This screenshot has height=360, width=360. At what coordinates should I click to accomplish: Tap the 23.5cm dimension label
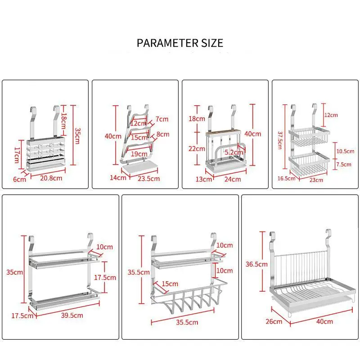[x=149, y=178]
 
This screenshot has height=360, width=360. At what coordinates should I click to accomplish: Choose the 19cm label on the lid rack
[x=139, y=154]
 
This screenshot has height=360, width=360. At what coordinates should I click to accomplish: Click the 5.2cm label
[x=234, y=152]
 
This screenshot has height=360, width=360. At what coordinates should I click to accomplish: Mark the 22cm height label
[x=196, y=148]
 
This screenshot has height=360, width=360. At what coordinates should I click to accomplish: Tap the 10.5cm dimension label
[x=346, y=151]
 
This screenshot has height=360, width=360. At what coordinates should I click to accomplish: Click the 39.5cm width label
[x=72, y=315]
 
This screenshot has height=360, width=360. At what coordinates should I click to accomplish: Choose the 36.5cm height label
[x=253, y=264]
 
